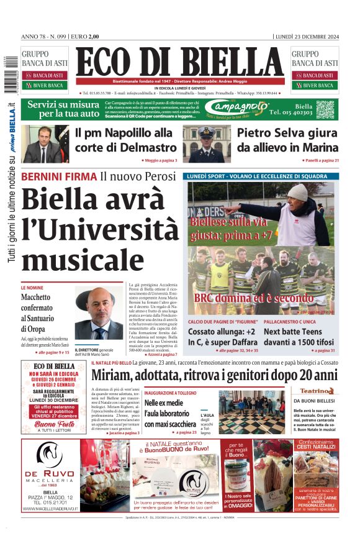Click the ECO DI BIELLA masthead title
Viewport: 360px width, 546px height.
click(x=179, y=63)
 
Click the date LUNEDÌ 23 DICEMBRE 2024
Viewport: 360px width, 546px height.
click(x=307, y=36)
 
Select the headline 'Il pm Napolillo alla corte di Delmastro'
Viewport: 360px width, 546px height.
click(x=125, y=140)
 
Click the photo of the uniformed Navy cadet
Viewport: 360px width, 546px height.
click(x=207, y=143)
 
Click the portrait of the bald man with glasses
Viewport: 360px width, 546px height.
click(x=99, y=314)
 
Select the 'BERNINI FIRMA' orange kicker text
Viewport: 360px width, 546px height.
click(x=59, y=176)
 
